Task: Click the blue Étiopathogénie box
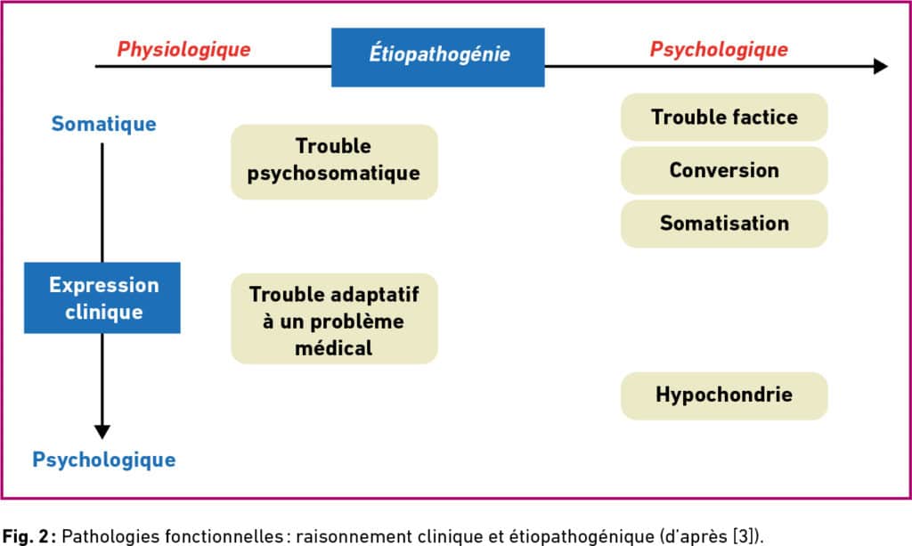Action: point(438,57)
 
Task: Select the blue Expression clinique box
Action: point(102,297)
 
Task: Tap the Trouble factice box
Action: point(724,117)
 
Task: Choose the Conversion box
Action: point(724,170)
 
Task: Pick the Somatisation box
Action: point(724,224)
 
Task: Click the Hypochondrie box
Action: point(724,395)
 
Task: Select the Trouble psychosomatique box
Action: point(335,161)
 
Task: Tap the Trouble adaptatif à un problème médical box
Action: point(335,319)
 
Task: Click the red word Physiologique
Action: point(183,49)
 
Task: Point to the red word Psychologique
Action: point(719,49)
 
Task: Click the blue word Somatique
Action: point(103,124)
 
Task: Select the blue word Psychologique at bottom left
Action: point(104,460)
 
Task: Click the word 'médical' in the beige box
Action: point(333,348)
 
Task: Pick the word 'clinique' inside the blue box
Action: point(104,313)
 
